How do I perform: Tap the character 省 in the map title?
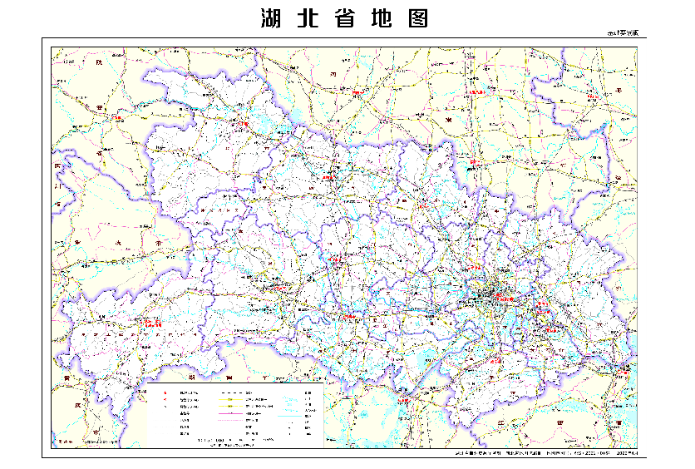pos(345,18)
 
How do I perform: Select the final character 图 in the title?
pos(418,18)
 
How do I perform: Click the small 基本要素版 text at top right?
pos(623,33)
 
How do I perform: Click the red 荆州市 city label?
pos(352,317)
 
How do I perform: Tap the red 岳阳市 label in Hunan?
pos(405,399)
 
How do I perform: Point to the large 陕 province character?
pos(98,62)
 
